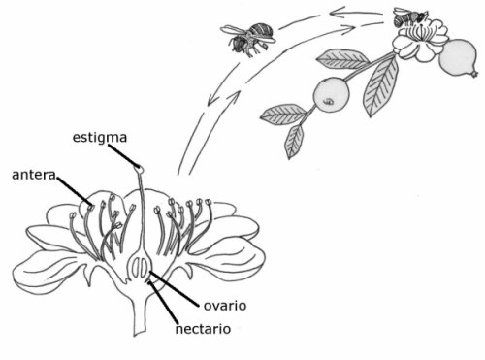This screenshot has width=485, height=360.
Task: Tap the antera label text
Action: (33, 176)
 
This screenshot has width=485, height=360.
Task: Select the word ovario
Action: (225, 305)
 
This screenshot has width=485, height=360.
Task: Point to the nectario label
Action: (202, 328)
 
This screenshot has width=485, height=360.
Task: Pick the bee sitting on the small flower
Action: (409, 16)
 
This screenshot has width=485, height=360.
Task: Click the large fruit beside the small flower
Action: (456, 61)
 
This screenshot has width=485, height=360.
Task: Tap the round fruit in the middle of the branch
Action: (329, 93)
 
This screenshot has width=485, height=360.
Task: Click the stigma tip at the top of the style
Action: (140, 169)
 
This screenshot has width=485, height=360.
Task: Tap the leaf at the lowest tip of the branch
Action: (294, 142)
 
